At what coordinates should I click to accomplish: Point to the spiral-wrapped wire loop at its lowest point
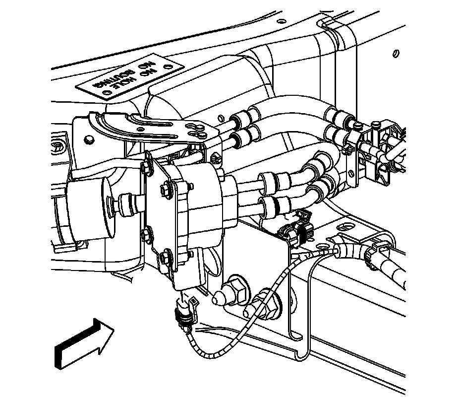[x=213, y=355]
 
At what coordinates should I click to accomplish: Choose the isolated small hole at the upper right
[x=396, y=53]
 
